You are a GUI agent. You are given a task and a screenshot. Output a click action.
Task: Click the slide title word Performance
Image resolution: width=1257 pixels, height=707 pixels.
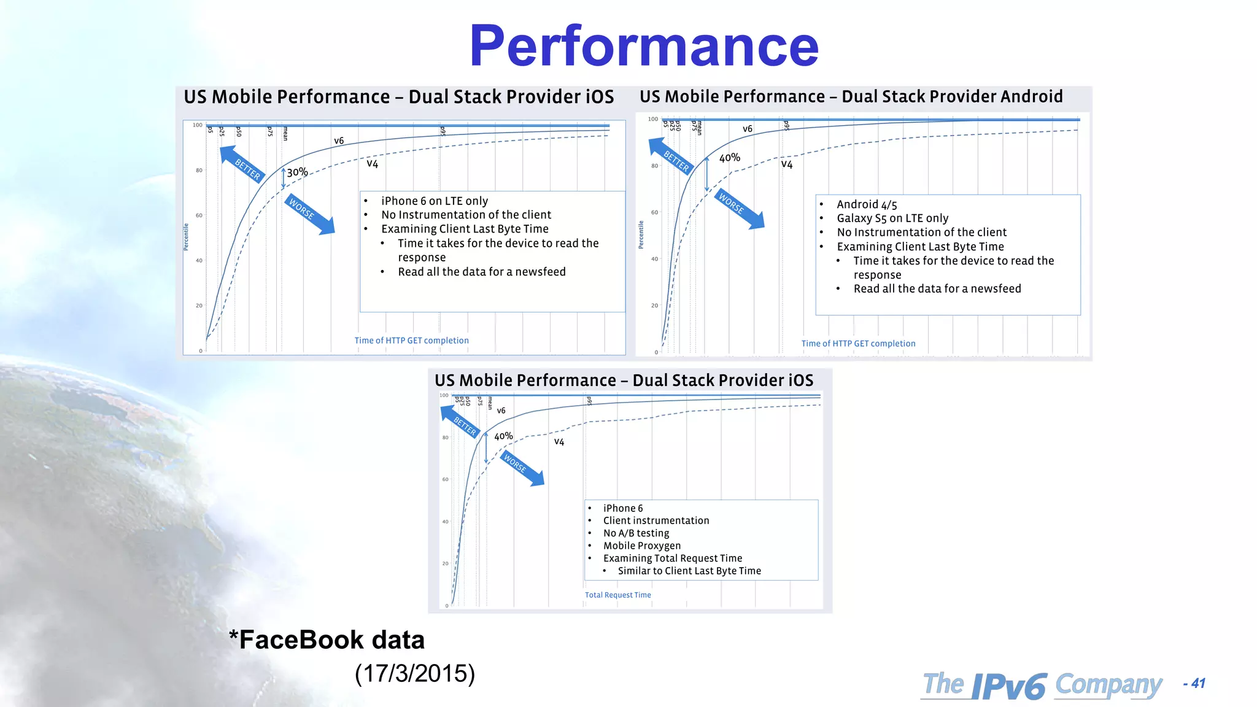644,47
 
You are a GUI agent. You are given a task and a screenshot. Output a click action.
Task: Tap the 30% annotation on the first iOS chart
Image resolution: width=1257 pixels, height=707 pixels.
298,172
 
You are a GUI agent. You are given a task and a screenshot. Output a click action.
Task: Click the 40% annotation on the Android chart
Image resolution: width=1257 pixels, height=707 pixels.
730,158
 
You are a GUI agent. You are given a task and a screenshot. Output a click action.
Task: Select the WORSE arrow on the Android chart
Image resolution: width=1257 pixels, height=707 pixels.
740,209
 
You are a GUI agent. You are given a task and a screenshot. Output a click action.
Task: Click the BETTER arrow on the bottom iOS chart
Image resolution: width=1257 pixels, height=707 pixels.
460,422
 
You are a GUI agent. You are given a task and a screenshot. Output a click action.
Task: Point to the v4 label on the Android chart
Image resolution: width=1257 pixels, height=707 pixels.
787,164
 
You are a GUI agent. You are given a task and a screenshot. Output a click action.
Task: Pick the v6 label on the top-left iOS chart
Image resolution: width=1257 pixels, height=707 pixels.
339,141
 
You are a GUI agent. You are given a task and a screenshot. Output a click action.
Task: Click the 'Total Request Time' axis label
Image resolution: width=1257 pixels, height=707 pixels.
617,595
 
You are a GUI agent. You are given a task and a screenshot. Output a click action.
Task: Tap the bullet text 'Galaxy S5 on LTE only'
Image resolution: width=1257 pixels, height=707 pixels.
892,218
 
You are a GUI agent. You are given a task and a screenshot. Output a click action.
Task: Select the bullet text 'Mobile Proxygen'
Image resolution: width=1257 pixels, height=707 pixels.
641,546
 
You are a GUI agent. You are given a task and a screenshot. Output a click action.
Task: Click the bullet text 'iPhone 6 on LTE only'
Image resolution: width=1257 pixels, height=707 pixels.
435,201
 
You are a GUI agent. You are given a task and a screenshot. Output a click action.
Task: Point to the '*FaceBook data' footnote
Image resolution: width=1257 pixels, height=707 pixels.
327,639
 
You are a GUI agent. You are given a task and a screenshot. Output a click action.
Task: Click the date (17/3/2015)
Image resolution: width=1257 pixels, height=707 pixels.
415,673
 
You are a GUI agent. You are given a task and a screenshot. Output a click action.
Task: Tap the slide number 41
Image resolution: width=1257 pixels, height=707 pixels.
1198,683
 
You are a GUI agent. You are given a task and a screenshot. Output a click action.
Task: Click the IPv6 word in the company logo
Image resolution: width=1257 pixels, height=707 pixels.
1009,686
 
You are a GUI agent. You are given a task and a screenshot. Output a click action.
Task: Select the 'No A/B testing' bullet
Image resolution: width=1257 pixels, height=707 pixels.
636,533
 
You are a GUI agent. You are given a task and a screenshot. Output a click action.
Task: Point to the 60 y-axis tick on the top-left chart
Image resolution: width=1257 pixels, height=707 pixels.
199,215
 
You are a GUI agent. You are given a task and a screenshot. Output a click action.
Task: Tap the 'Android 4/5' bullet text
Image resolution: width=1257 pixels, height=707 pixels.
867,204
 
